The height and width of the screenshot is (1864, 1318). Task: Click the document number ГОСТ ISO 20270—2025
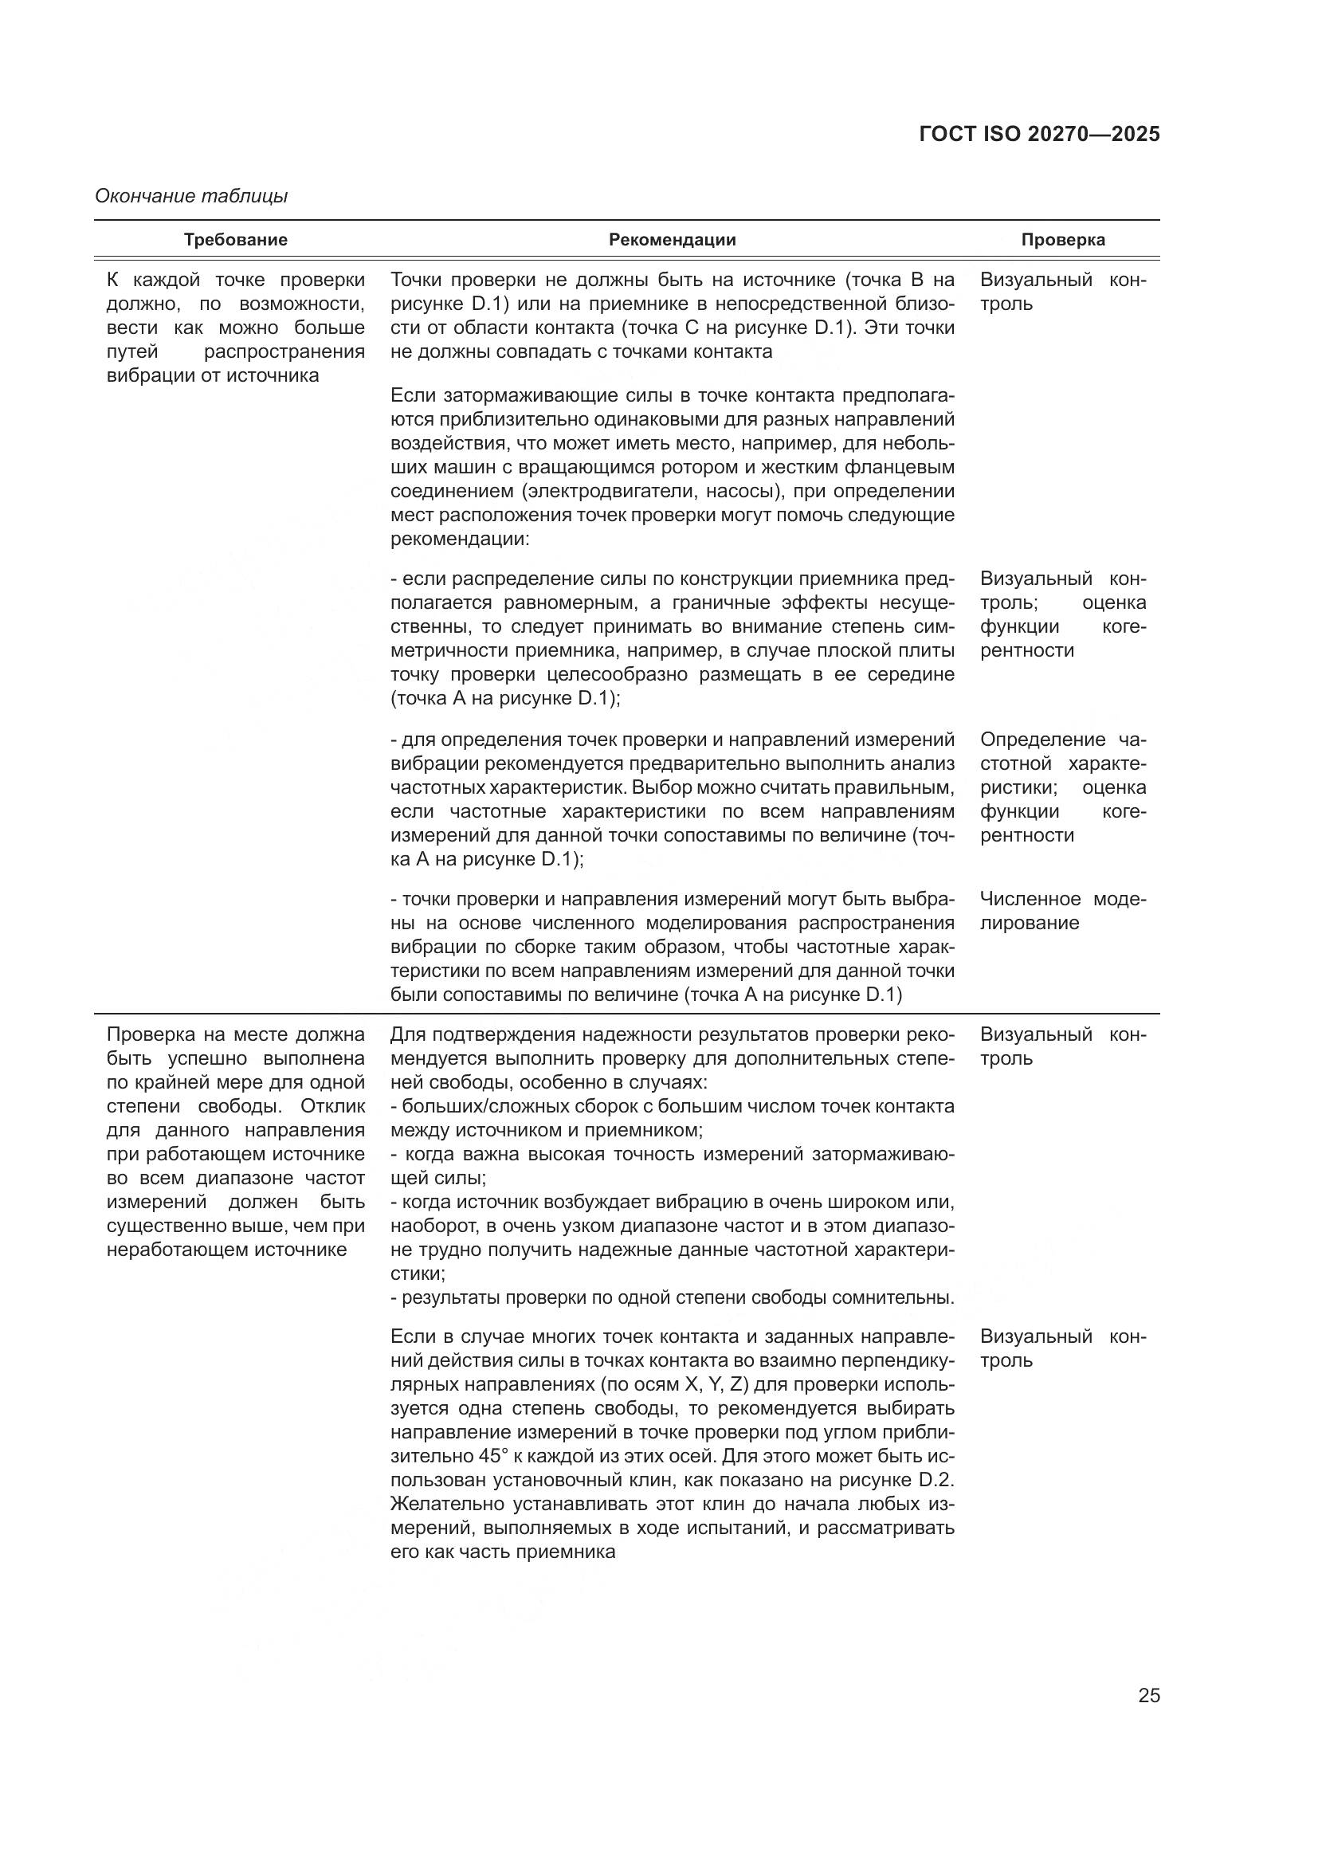(1039, 135)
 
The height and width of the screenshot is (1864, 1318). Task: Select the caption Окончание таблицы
(191, 197)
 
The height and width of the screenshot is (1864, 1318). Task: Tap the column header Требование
(235, 241)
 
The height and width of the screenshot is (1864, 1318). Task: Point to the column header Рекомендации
(672, 241)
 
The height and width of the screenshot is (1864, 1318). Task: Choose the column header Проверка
(1062, 241)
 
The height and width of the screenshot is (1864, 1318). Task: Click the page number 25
(1148, 1695)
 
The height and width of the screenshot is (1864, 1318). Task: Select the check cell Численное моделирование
(1062, 911)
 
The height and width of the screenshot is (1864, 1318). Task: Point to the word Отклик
(333, 1107)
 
